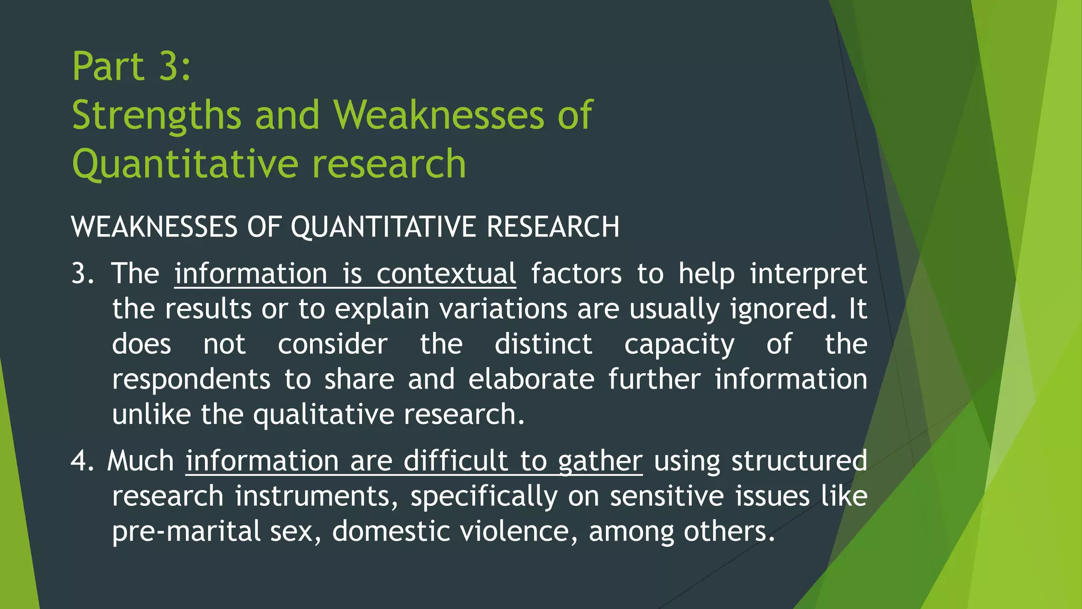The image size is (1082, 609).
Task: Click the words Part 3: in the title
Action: pos(132,67)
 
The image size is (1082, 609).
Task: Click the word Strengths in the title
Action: pos(156,115)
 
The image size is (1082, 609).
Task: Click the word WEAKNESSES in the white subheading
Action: pos(154,227)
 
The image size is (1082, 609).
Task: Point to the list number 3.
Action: pos(82,274)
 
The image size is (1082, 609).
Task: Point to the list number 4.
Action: pos(82,461)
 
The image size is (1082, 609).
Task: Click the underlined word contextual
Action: pos(446,274)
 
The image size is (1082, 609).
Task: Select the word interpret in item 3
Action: pos(808,274)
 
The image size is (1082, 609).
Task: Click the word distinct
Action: pos(543,344)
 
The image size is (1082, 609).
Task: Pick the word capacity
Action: pos(679,344)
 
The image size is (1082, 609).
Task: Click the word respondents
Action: pos(191,380)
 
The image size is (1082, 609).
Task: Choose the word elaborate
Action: pos(531,380)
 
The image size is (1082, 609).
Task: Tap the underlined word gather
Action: pos(600,461)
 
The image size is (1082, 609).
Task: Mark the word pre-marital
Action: pos(186,531)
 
